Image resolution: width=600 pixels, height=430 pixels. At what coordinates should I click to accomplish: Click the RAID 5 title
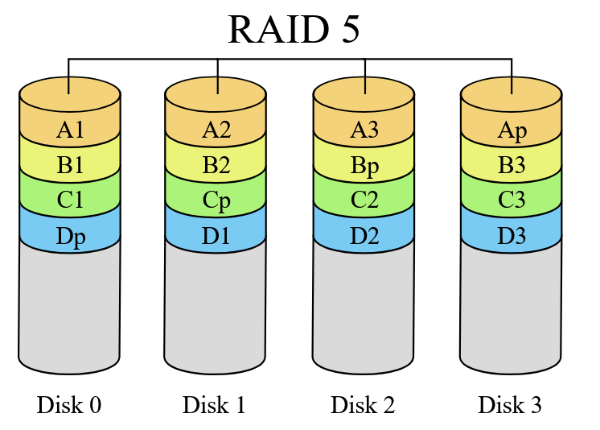pyautogui.click(x=294, y=30)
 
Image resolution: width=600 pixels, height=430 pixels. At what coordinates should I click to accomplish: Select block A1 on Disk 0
pyautogui.click(x=70, y=130)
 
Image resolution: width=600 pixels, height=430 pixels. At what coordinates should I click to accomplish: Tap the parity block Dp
pyautogui.click(x=70, y=237)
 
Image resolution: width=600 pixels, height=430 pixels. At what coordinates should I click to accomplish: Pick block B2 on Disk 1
pyautogui.click(x=216, y=166)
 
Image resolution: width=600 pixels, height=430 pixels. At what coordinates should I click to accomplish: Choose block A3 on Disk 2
pyautogui.click(x=364, y=130)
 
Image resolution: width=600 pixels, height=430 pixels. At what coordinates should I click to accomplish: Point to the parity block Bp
pyautogui.click(x=364, y=166)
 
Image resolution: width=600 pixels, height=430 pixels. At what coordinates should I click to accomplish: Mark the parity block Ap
pyautogui.click(x=512, y=130)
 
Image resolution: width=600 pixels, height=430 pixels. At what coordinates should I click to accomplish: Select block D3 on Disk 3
pyautogui.click(x=512, y=237)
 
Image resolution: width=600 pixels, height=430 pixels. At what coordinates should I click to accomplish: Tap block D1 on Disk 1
pyautogui.click(x=216, y=237)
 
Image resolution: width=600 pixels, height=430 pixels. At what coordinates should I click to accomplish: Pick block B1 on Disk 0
pyautogui.click(x=70, y=166)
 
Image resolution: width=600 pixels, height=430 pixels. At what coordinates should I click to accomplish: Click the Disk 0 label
pyautogui.click(x=69, y=405)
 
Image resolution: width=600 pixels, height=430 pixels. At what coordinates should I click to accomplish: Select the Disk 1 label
pyautogui.click(x=215, y=405)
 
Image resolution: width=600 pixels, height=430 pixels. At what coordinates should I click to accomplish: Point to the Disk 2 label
pyautogui.click(x=363, y=405)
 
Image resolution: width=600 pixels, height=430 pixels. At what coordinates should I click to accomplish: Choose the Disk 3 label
pyautogui.click(x=510, y=405)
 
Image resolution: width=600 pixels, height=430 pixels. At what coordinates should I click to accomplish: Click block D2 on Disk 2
pyautogui.click(x=364, y=237)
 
